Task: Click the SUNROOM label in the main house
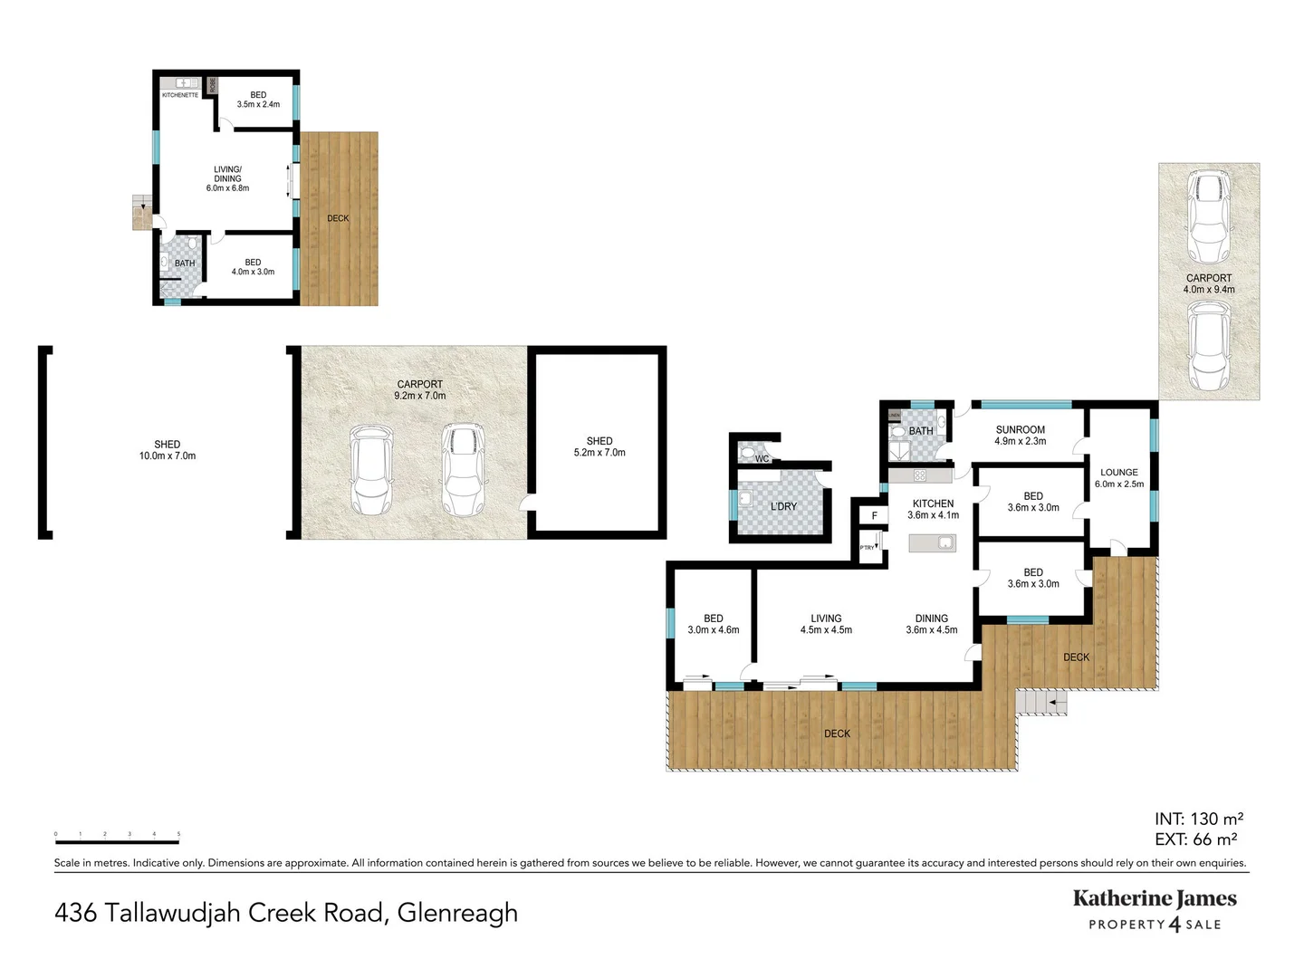1020,430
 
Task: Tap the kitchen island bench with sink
932,542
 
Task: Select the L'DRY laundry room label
783,506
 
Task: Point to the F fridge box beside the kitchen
874,516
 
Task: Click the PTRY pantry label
868,548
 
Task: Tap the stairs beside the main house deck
1041,702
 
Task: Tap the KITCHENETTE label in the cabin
179,95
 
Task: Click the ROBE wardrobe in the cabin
213,86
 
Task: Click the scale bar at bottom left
117,841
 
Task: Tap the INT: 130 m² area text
1198,819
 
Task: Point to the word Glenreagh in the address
457,913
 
